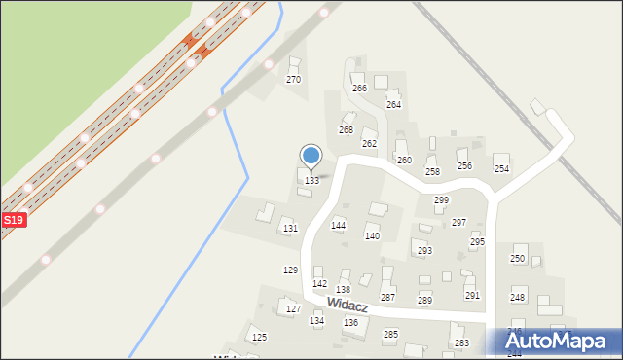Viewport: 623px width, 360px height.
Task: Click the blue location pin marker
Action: tap(311, 157)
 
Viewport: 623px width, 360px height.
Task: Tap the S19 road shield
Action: tap(13, 221)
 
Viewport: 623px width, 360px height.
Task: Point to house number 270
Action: tap(293, 80)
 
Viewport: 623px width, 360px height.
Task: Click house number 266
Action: tap(359, 89)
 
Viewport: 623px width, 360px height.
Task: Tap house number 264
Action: tap(393, 104)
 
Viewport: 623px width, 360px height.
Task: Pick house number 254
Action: tap(501, 169)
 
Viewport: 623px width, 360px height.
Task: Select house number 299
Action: tap(441, 199)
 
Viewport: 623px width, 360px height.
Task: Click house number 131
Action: tap(290, 228)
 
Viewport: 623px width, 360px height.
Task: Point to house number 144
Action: tap(338, 225)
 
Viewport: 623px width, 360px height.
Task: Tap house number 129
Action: tap(290, 270)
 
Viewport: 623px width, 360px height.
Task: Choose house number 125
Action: tap(259, 337)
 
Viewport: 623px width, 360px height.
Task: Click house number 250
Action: tap(518, 258)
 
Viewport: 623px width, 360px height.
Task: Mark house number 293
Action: tap(424, 250)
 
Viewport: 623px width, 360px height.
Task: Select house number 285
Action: tap(390, 334)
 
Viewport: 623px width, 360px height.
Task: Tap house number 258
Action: tap(432, 171)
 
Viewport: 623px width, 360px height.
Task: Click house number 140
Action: tap(372, 236)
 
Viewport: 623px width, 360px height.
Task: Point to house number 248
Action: tap(518, 297)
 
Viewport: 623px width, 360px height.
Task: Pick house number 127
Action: tap(293, 309)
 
